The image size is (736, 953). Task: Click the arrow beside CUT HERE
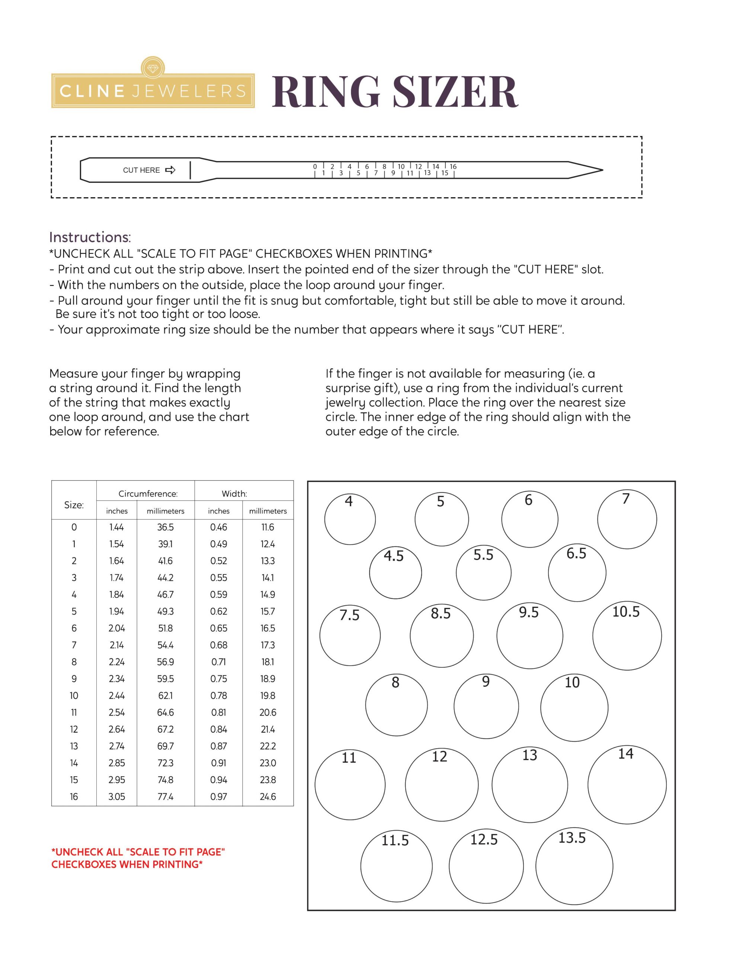click(x=170, y=170)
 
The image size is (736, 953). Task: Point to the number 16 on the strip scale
click(x=453, y=167)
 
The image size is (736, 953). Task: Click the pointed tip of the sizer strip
click(x=601, y=170)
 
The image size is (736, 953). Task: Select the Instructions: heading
click(x=90, y=238)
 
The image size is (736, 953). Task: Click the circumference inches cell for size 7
click(x=116, y=645)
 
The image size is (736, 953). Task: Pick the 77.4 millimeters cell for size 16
click(x=165, y=797)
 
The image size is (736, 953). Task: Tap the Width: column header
click(x=234, y=494)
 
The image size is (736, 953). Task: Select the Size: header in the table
click(x=74, y=505)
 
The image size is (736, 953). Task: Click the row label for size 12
click(x=74, y=729)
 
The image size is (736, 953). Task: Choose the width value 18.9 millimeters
click(x=268, y=679)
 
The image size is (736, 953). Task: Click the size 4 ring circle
click(x=350, y=519)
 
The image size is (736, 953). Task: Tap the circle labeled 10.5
click(x=627, y=636)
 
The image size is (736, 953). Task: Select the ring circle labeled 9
click(x=486, y=707)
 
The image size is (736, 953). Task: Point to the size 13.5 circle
click(x=574, y=866)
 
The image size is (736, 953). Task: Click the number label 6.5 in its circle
click(x=576, y=554)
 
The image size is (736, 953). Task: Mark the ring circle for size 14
click(x=627, y=785)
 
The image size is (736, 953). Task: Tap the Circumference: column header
click(x=148, y=494)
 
